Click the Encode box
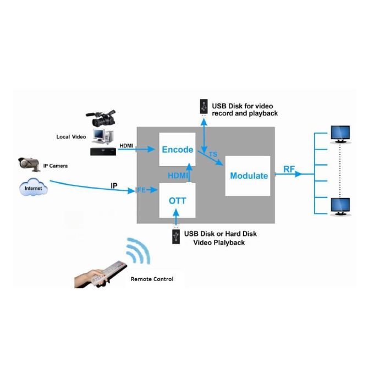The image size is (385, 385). pos(177,149)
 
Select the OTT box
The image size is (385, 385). pos(177,200)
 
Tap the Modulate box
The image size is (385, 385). pos(248,176)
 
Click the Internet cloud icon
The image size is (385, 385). pos(34,187)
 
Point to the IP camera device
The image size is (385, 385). pos(29,164)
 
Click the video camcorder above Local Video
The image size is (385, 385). pos(101,118)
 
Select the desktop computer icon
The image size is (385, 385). pos(103,136)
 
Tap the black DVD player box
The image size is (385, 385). pos(103,151)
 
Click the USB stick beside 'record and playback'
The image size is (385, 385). pos(204,107)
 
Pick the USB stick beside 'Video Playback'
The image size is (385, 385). pos(176,236)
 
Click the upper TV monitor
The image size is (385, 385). pos(340,134)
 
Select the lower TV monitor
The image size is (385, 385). pos(340,207)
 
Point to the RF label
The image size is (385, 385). pos(289,169)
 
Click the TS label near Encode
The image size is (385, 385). pos(213,154)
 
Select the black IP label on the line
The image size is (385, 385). pos(114,186)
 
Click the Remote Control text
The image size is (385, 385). pos(152,279)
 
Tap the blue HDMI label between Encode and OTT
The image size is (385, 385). pos(178,175)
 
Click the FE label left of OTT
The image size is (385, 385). pos(141,190)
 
